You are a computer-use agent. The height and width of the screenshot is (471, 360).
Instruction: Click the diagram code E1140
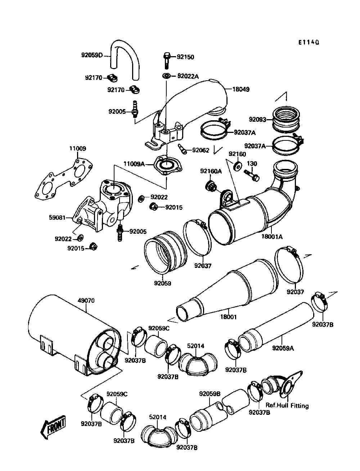[308, 42]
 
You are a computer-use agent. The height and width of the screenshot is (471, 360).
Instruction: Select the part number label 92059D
[92, 55]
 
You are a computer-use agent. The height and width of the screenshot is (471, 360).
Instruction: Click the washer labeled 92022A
[167, 76]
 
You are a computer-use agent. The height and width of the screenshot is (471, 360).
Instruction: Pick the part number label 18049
[241, 89]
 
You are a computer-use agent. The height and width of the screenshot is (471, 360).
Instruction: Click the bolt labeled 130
[251, 175]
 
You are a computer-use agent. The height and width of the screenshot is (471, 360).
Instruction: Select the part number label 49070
[86, 300]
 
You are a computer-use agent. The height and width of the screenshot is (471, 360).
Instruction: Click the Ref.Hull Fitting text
[287, 406]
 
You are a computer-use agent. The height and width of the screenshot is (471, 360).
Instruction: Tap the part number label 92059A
[283, 348]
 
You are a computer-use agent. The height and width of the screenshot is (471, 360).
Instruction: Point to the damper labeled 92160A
[211, 187]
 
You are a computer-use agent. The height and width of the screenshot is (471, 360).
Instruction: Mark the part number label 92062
[201, 150]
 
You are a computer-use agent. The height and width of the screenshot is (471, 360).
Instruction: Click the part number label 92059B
[210, 394]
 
